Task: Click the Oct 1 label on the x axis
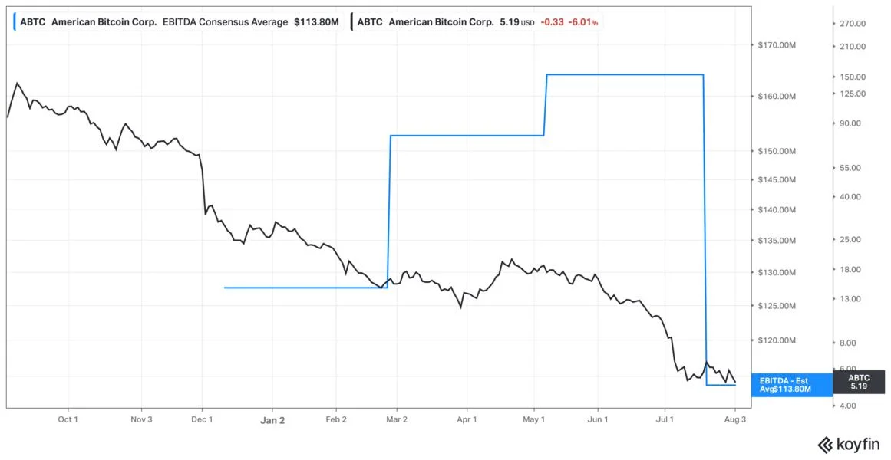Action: (x=68, y=420)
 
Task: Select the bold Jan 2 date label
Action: (x=272, y=420)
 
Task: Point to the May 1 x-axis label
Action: (x=534, y=420)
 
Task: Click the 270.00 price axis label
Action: (x=854, y=23)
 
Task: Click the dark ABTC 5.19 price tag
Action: (x=859, y=382)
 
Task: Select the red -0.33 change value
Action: (x=553, y=23)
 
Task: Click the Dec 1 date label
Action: (x=203, y=420)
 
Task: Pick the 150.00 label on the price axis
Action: (x=854, y=77)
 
